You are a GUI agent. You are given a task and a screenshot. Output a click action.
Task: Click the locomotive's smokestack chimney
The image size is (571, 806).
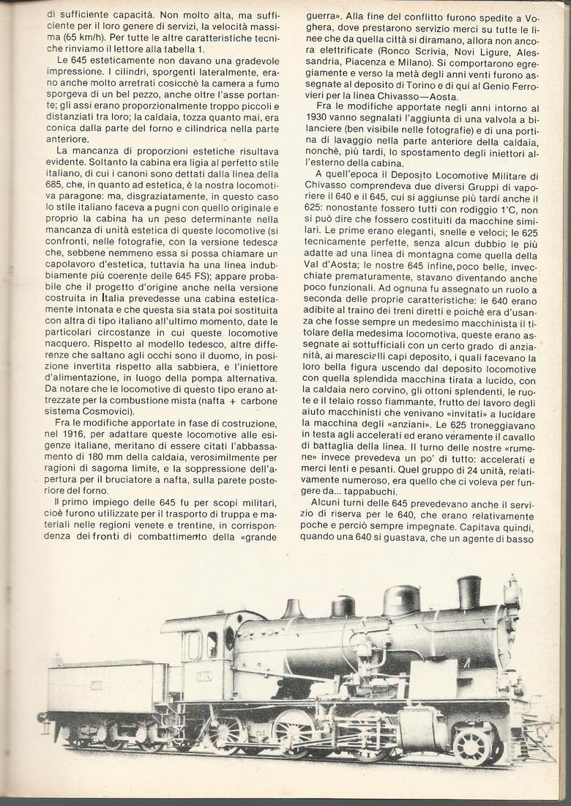point(469,592)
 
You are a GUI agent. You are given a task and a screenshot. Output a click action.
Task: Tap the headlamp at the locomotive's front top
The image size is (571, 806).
point(512,592)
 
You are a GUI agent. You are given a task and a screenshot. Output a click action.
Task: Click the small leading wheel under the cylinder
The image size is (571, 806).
point(471,745)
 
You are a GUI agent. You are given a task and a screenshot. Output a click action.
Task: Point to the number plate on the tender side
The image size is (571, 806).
point(94,686)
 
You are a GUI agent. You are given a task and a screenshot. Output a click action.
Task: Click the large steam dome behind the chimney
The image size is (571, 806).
point(401,600)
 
